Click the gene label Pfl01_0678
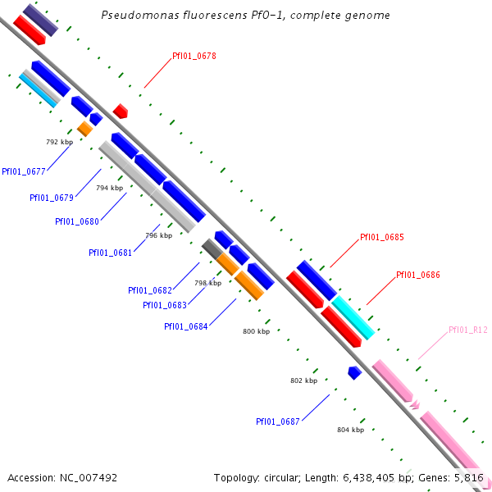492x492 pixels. pyautogui.click(x=194, y=56)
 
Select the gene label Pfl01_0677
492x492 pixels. pyautogui.click(x=24, y=171)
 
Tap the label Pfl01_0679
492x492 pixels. pyautogui.click(x=52, y=198)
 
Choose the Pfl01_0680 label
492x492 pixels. pyautogui.click(x=77, y=221)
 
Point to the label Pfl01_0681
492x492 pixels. pyautogui.click(x=111, y=253)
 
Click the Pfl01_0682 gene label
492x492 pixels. pyautogui.click(x=150, y=290)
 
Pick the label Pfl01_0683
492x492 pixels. pyautogui.click(x=165, y=305)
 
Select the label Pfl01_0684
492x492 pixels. pyautogui.click(x=186, y=326)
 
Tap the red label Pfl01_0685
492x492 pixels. pyautogui.click(x=382, y=238)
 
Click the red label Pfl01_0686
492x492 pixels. pyautogui.click(x=418, y=276)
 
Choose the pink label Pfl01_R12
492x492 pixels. pyautogui.click(x=468, y=330)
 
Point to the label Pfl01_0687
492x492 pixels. pyautogui.click(x=278, y=421)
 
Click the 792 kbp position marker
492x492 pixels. pyautogui.click(x=59, y=142)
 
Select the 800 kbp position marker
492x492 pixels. pyautogui.click(x=257, y=332)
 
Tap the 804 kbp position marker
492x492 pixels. pyautogui.click(x=350, y=430)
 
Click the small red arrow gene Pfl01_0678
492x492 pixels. pyautogui.click(x=121, y=111)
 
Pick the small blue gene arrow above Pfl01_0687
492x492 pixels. pyautogui.click(x=354, y=372)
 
